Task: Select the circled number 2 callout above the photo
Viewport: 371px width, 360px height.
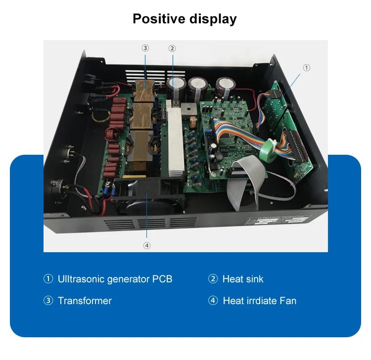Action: [x=172, y=48]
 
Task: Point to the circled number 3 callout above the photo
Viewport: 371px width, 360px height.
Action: [x=145, y=48]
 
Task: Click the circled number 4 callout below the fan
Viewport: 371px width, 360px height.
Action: [x=147, y=245]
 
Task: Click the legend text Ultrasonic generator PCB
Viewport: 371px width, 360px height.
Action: [x=115, y=279]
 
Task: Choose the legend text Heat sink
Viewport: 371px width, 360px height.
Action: [x=243, y=279]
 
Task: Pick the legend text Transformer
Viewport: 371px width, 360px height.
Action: [x=85, y=301]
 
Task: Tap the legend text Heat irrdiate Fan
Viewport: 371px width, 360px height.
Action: [x=259, y=301]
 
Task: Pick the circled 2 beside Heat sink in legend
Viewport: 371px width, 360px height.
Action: [x=213, y=279]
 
